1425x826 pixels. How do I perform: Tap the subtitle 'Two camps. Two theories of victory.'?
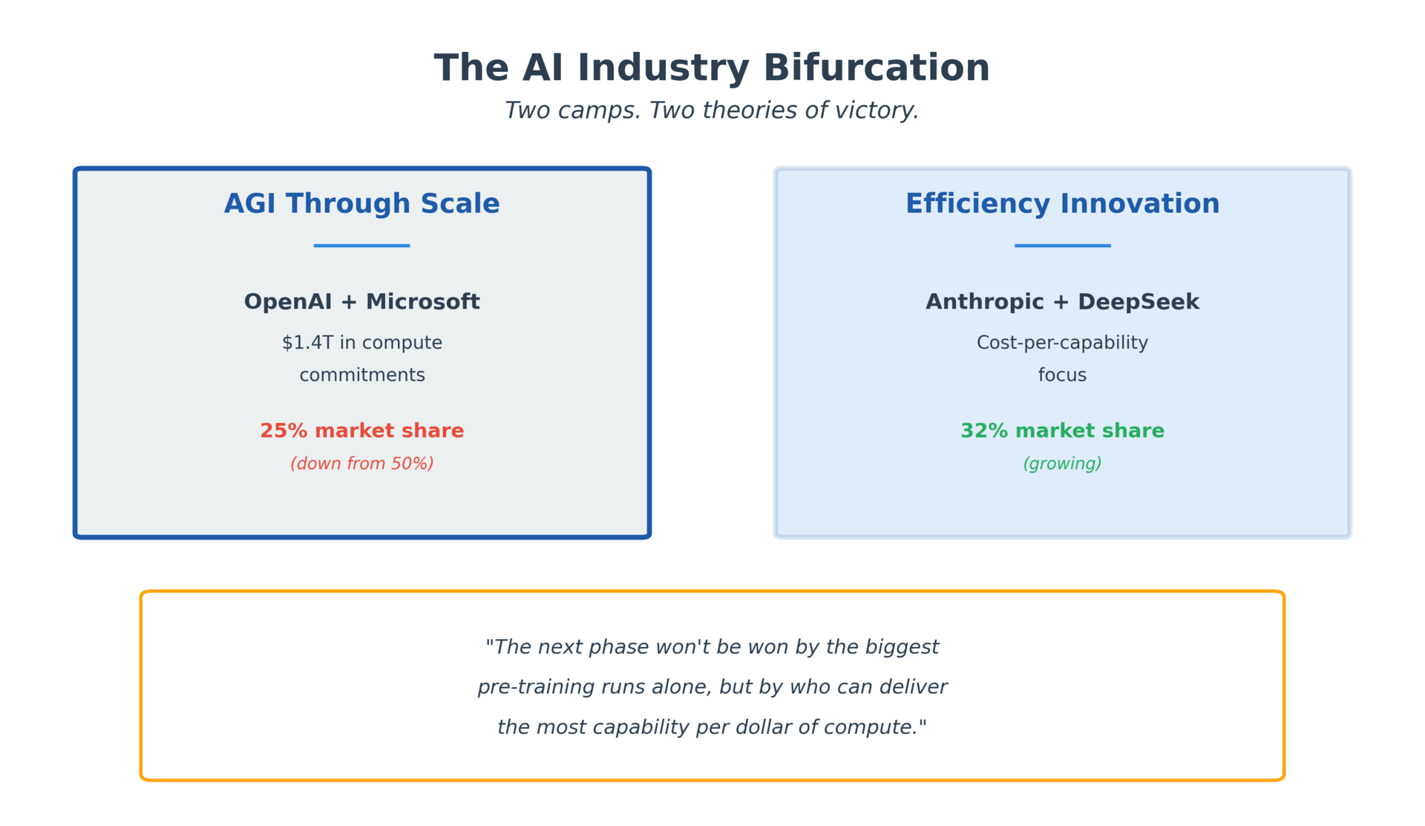click(712, 111)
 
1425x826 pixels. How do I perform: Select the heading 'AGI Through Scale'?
click(362, 204)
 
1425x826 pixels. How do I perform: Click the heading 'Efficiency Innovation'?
click(1062, 204)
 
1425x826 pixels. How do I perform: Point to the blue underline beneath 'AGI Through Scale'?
click(362, 246)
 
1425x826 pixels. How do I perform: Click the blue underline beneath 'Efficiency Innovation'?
click(1063, 246)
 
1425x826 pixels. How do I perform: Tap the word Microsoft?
click(423, 302)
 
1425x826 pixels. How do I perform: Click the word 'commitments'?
click(362, 376)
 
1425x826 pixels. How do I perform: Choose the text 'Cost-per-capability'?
click(1062, 344)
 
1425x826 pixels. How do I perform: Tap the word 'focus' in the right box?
click(1062, 376)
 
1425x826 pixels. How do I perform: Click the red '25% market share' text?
click(362, 431)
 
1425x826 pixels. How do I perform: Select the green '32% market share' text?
click(1062, 431)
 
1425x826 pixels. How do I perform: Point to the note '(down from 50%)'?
click(362, 464)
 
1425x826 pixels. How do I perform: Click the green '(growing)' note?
click(1062, 465)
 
